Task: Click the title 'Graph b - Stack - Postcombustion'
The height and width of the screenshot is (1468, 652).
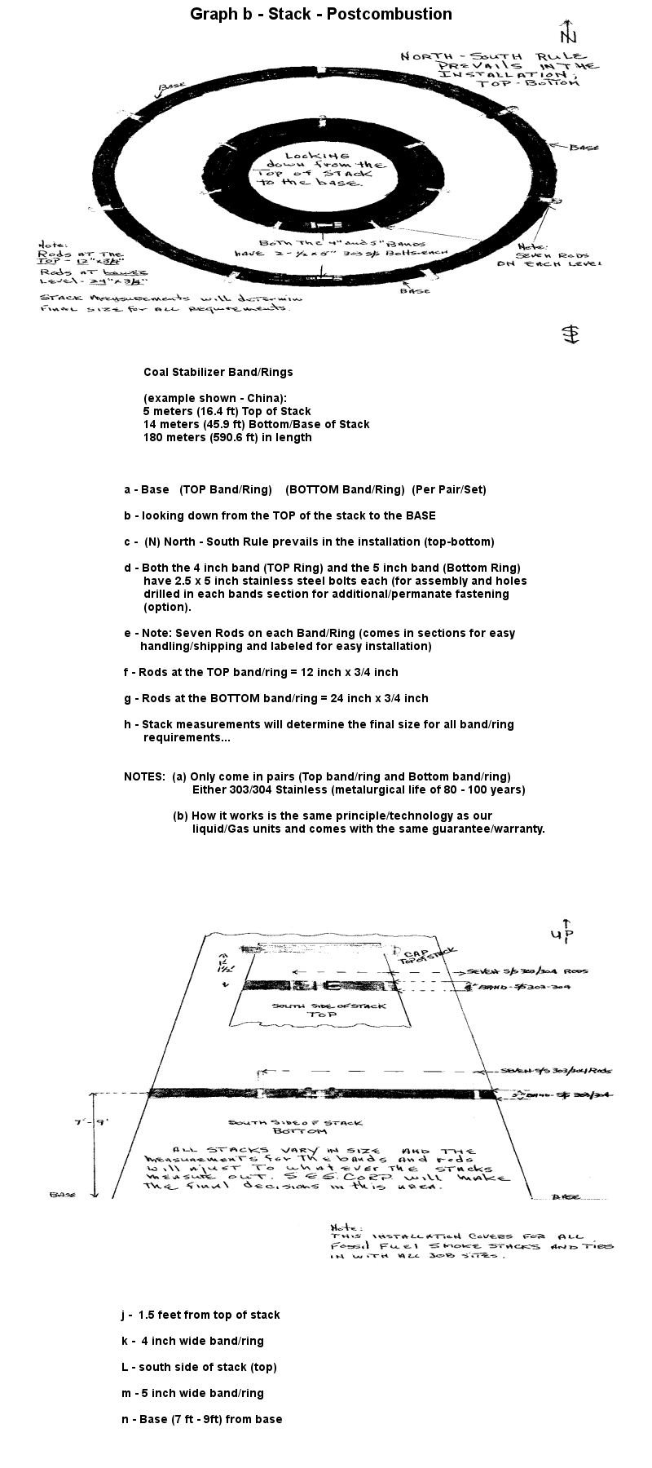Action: (320, 14)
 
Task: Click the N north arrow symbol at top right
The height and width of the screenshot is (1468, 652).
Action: (568, 33)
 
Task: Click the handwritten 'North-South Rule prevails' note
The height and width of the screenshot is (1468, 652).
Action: (499, 69)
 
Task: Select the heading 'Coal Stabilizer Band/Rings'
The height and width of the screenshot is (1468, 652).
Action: (218, 372)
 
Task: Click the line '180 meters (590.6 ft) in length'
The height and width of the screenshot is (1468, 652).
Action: (227, 437)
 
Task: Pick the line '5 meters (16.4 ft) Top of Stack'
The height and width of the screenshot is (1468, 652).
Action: (227, 411)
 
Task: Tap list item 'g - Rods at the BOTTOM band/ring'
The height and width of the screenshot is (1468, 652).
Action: (275, 698)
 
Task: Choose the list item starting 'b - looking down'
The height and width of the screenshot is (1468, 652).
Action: (279, 515)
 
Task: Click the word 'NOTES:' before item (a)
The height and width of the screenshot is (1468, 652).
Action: (144, 776)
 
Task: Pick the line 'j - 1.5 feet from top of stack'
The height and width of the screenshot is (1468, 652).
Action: (200, 1315)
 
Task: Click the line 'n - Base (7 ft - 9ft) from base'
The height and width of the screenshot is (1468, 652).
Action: (201, 1419)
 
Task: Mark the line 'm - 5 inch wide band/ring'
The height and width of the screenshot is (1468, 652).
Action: (192, 1393)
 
